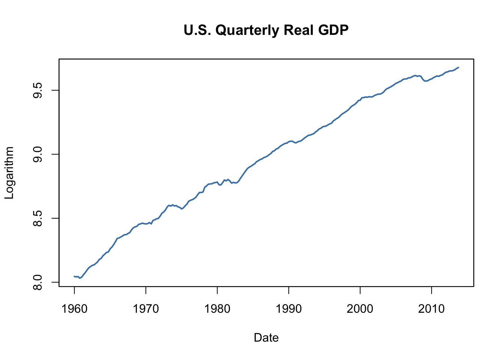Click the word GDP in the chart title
click(x=333, y=30)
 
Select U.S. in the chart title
click(x=198, y=30)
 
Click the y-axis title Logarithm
click(x=9, y=173)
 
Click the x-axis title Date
click(x=266, y=337)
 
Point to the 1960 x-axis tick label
click(x=74, y=309)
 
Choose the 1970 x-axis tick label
click(x=146, y=309)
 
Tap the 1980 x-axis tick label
click(x=217, y=309)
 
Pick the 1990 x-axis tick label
click(x=289, y=309)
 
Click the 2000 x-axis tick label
click(x=360, y=309)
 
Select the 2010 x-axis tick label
click(x=432, y=309)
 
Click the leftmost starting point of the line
click(x=74, y=276)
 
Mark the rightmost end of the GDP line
click(x=459, y=67)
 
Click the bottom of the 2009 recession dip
click(x=425, y=81)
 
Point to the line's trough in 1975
click(x=181, y=209)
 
